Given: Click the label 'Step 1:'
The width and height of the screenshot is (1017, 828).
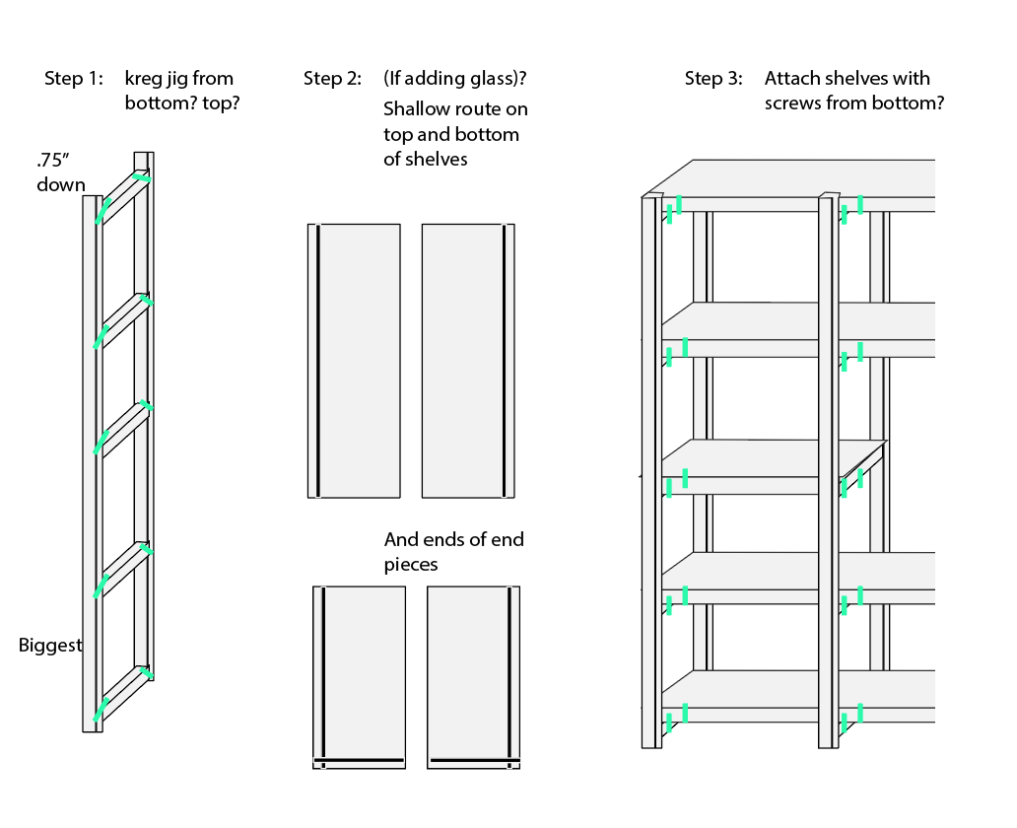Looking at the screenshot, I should coord(73,79).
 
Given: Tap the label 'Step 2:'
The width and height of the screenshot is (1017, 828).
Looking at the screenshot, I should coord(332,79).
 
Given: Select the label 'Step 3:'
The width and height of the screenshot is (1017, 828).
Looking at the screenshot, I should coord(713,79).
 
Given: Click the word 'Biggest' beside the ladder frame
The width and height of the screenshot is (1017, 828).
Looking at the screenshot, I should coord(50,646).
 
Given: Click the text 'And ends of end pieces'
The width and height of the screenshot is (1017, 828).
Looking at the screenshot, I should coord(453,551).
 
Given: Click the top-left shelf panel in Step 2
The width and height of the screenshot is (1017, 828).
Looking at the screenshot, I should coord(354,361).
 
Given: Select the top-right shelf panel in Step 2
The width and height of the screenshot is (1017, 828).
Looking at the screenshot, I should coord(468,361).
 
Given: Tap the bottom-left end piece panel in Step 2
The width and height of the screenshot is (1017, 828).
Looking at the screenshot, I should coord(359,675).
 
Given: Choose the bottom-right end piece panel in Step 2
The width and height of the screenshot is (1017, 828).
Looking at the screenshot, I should coord(473,675).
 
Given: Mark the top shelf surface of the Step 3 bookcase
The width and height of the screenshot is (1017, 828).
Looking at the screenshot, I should coord(798,177).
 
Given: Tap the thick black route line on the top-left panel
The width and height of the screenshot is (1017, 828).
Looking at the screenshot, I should coord(317,361).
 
